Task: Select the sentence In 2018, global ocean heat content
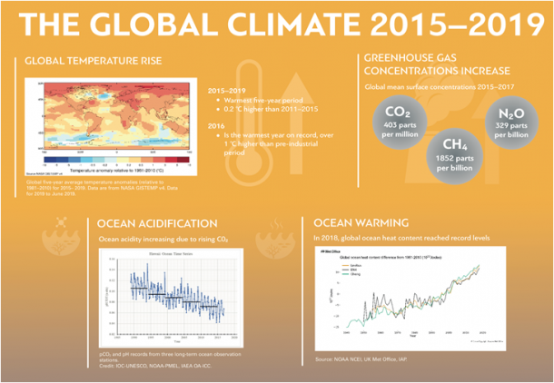coord(401,237)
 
